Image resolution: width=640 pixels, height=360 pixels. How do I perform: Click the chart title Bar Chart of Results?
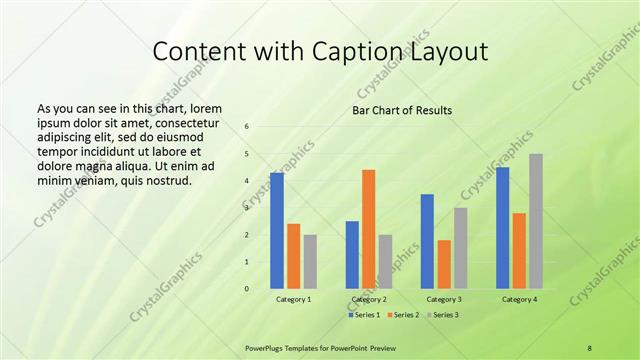point(401,110)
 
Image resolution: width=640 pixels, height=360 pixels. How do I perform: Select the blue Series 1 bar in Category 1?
point(277,231)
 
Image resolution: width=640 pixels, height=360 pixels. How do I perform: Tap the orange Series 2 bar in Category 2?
point(368,229)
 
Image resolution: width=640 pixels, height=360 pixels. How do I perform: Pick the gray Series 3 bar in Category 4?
point(536,221)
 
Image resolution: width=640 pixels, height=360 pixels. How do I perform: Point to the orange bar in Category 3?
point(444,264)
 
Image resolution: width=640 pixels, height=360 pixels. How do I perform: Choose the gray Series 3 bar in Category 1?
point(310,262)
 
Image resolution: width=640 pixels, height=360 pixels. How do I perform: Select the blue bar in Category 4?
point(502,228)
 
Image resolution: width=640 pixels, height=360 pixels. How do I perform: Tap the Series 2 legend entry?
point(403,314)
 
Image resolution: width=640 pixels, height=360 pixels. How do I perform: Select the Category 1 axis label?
point(293,299)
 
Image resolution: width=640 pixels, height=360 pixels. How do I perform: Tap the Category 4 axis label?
point(519,299)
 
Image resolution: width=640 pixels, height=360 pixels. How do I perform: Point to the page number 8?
point(589,347)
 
